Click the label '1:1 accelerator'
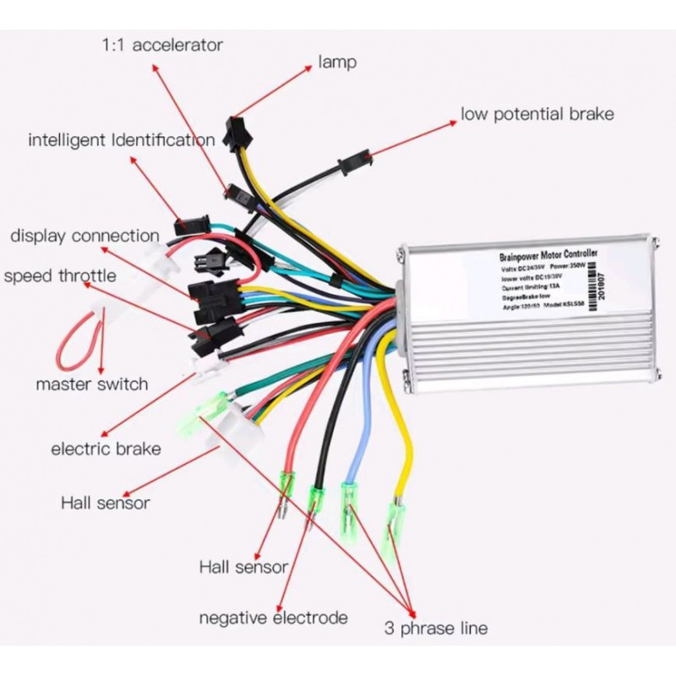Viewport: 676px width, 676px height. (162, 43)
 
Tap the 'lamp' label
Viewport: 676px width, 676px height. (337, 62)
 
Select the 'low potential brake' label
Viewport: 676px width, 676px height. (537, 114)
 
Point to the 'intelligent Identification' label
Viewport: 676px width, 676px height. (122, 139)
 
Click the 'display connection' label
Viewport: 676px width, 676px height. (84, 236)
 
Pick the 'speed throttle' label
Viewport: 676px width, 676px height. (60, 276)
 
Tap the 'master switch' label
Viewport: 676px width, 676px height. (91, 384)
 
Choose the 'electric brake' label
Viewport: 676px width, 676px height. (106, 449)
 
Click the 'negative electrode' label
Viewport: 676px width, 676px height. (273, 618)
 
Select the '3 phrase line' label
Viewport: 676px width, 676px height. (435, 628)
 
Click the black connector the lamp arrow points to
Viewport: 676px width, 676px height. (233, 128)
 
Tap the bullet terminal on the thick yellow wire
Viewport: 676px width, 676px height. (393, 520)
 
